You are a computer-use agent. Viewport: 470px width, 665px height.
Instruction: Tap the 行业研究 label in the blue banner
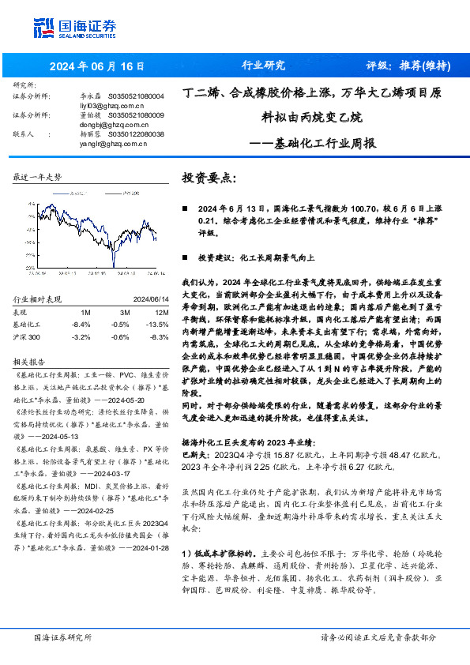262,66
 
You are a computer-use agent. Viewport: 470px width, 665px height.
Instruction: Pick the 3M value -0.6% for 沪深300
121,336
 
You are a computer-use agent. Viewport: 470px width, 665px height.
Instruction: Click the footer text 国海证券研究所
63,637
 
